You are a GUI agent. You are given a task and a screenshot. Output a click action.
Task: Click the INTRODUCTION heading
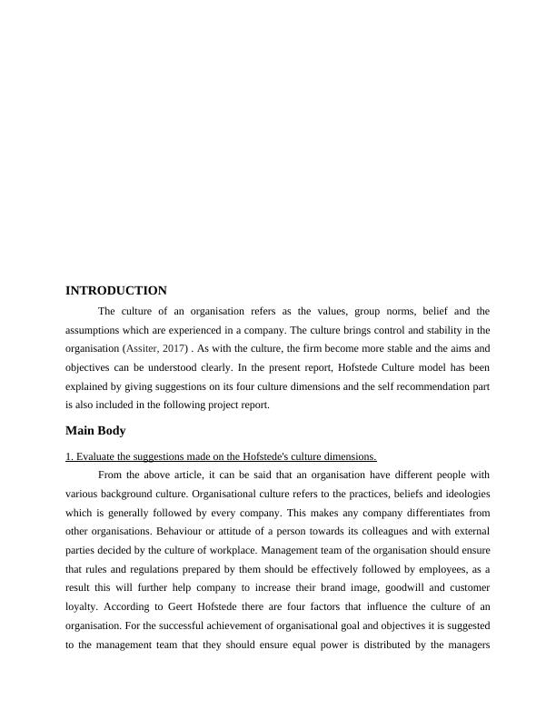click(x=116, y=291)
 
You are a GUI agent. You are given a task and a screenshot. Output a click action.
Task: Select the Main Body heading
click(x=95, y=430)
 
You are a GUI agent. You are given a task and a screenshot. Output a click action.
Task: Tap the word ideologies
click(x=462, y=494)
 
